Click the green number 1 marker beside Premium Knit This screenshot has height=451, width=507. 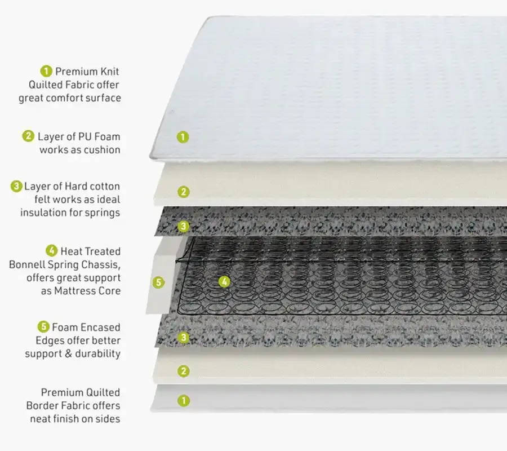pos(46,71)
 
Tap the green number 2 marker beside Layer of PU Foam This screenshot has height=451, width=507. pos(28,136)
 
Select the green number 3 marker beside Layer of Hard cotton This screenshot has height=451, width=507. pos(16,187)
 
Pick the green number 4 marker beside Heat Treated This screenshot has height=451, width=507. pos(51,251)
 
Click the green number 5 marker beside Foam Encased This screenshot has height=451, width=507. pos(43,327)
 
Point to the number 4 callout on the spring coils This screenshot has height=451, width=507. pos(224,281)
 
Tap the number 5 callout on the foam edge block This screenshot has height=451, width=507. pos(158,282)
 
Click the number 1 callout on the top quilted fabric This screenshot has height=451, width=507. pos(183,137)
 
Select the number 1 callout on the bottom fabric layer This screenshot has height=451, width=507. pos(184,401)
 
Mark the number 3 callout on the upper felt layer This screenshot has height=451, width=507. pos(183,226)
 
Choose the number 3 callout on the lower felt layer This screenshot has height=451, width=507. pos(184,338)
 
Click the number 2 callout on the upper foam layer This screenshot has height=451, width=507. pos(183,192)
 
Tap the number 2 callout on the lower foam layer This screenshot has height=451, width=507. pos(184,371)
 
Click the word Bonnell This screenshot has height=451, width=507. pos(28,264)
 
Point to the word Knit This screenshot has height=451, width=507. pos(109,71)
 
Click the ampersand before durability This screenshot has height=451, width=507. pos(68,353)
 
